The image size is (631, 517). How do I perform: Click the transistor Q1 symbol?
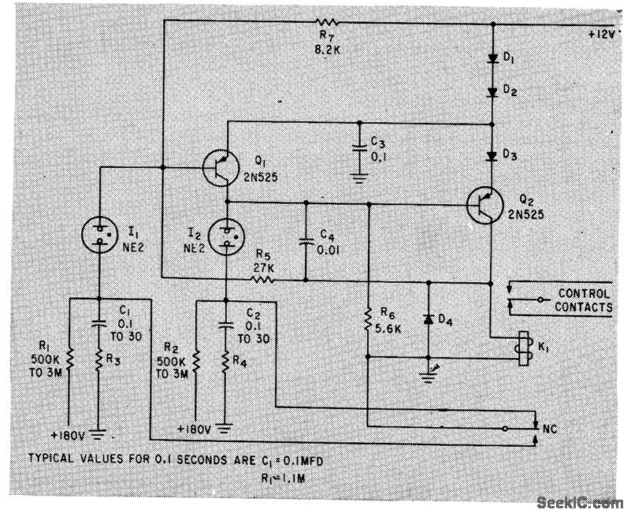tap(221, 167)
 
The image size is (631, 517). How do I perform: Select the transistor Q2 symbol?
tap(483, 204)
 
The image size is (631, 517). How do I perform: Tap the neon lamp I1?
tap(99, 230)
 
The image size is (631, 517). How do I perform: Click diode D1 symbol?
tap(491, 58)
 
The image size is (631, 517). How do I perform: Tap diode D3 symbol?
tap(491, 155)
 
